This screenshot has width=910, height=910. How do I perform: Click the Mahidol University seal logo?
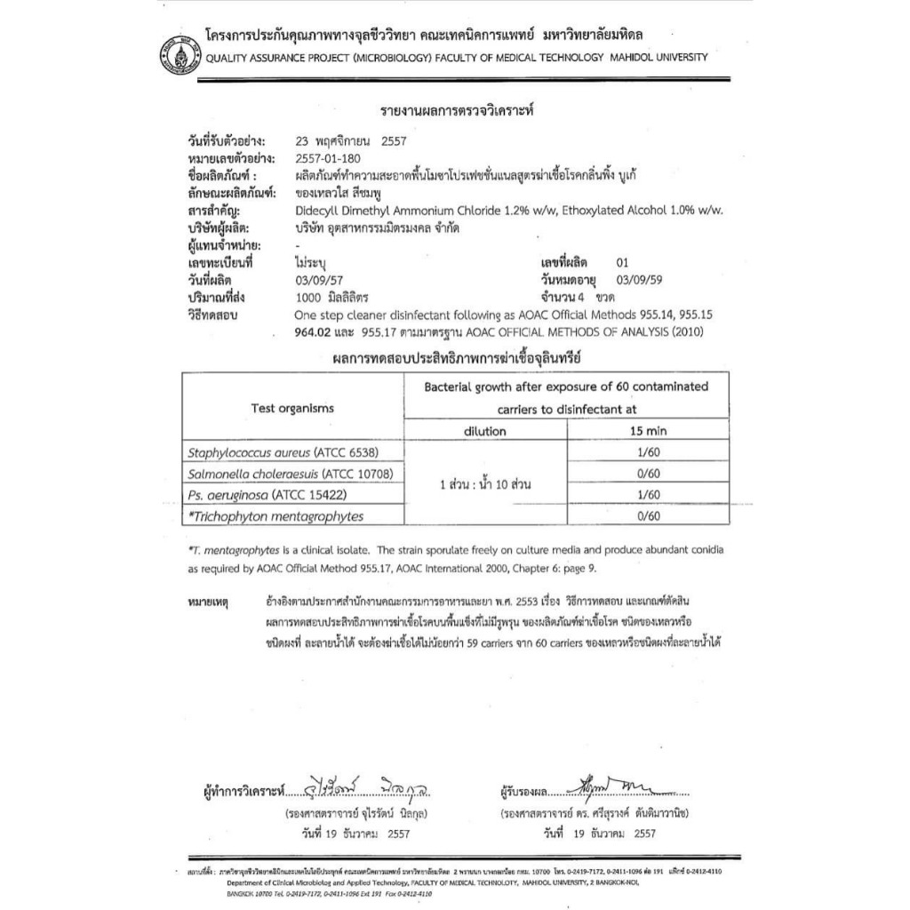tap(176, 52)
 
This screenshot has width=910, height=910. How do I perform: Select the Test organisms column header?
tap(292, 408)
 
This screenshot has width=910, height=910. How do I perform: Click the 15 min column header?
tap(648, 431)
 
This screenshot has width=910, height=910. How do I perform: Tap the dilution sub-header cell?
tap(484, 431)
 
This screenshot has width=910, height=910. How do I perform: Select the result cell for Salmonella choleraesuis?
tap(648, 474)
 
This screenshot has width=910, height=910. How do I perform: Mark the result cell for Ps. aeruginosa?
tap(648, 495)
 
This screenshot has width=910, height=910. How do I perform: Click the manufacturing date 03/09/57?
tap(317, 280)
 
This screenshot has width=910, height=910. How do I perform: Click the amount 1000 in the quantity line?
tap(307, 297)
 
